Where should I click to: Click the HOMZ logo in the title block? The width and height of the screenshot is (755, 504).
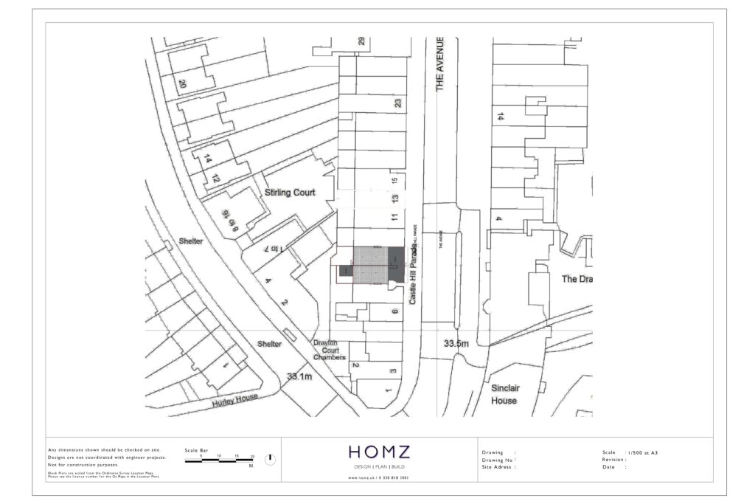(379, 452)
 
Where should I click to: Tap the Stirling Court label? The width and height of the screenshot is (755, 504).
(290, 193)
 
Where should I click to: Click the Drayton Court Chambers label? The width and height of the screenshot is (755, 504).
(329, 351)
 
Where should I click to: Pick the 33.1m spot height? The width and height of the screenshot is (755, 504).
(299, 376)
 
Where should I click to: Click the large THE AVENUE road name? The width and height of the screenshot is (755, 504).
(440, 64)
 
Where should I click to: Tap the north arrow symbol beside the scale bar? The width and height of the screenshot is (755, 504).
(270, 459)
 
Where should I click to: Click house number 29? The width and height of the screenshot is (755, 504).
(361, 41)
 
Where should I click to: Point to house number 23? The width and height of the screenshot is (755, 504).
(397, 103)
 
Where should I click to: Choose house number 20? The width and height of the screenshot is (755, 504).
(181, 84)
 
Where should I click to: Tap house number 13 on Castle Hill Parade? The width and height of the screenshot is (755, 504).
(395, 199)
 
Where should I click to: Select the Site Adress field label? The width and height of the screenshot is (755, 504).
(498, 467)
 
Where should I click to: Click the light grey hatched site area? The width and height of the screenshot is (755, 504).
(369, 264)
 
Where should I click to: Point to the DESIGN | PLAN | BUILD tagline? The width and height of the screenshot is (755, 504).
(379, 468)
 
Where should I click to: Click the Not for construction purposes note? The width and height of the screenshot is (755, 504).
(83, 465)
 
